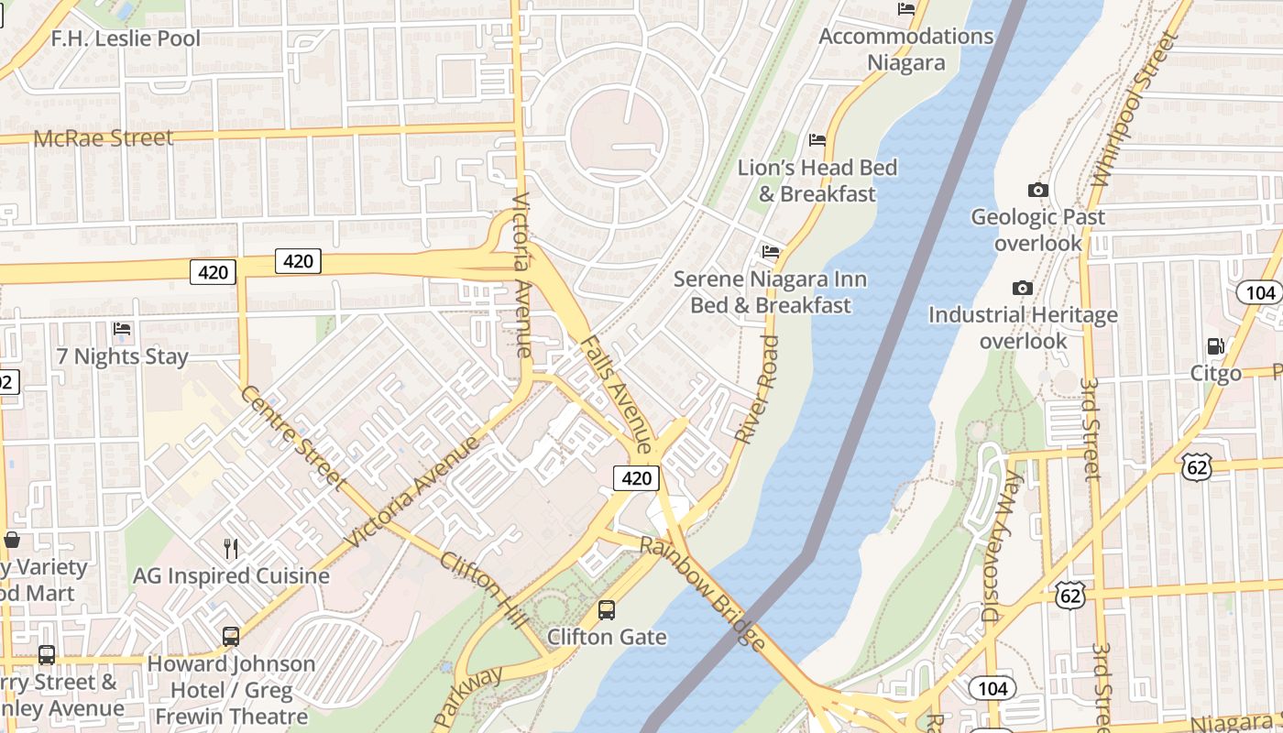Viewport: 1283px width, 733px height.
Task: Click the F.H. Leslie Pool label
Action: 126,38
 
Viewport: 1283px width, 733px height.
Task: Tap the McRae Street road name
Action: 103,138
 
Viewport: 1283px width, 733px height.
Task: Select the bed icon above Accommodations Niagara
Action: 906,10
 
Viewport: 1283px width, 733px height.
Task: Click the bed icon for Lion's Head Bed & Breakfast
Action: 817,140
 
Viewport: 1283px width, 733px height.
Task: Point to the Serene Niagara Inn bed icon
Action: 771,251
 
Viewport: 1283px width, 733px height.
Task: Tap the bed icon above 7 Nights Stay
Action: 122,329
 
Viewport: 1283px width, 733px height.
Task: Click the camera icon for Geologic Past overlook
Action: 1037,190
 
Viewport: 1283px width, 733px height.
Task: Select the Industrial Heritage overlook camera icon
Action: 1023,288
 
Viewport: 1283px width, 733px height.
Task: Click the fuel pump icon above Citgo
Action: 1216,346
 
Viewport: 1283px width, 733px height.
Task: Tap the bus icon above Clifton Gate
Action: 606,609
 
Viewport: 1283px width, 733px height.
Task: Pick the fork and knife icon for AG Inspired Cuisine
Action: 231,549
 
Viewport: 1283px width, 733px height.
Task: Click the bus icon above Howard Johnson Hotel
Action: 231,636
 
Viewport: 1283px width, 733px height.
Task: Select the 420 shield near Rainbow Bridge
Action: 636,477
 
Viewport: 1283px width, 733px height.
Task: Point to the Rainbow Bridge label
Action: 702,594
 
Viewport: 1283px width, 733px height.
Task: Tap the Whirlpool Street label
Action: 1134,110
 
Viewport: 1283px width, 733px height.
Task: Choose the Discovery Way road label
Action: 999,547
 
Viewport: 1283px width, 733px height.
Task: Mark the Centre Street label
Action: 291,438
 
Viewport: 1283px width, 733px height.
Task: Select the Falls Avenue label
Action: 616,394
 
